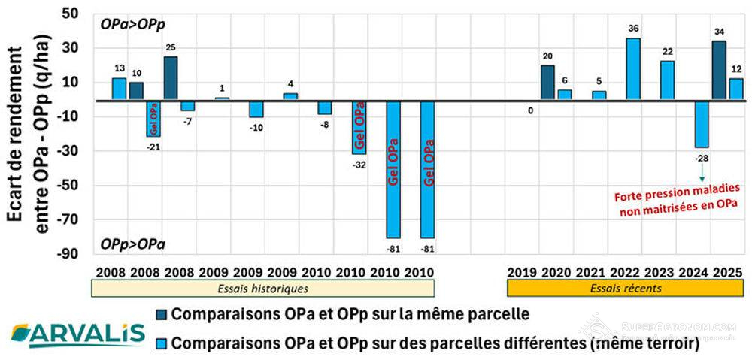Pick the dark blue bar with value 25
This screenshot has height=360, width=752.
(171, 77)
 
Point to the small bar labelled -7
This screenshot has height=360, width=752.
(187, 105)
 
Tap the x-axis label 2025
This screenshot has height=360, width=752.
(728, 271)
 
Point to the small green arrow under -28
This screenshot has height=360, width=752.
(702, 174)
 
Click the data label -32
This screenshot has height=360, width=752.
(360, 165)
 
